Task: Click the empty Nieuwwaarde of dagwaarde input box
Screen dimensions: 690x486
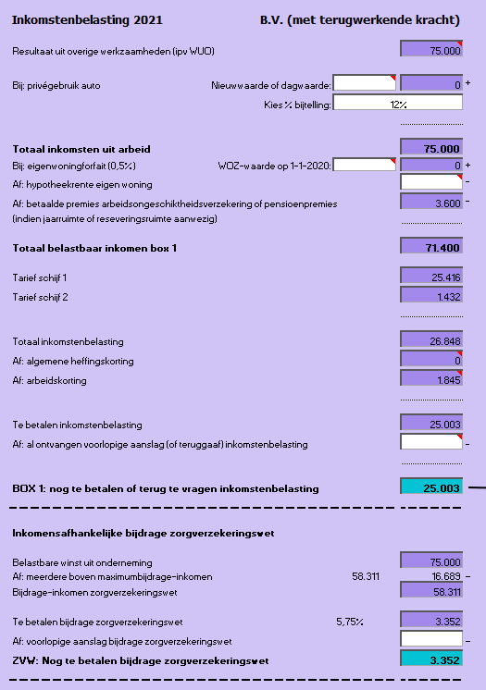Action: coord(364,84)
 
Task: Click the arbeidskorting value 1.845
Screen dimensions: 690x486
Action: coord(431,378)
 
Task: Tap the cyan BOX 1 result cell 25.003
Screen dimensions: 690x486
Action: coord(431,487)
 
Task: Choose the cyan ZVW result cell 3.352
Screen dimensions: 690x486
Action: coord(431,659)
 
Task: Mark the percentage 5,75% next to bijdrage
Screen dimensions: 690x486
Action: coord(348,621)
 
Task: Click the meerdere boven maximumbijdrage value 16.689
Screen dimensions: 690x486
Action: coord(431,576)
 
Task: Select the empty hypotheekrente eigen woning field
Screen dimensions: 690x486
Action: coord(431,182)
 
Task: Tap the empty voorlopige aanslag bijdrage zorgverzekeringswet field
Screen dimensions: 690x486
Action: coord(431,639)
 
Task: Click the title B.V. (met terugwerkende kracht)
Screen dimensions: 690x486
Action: coord(360,19)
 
